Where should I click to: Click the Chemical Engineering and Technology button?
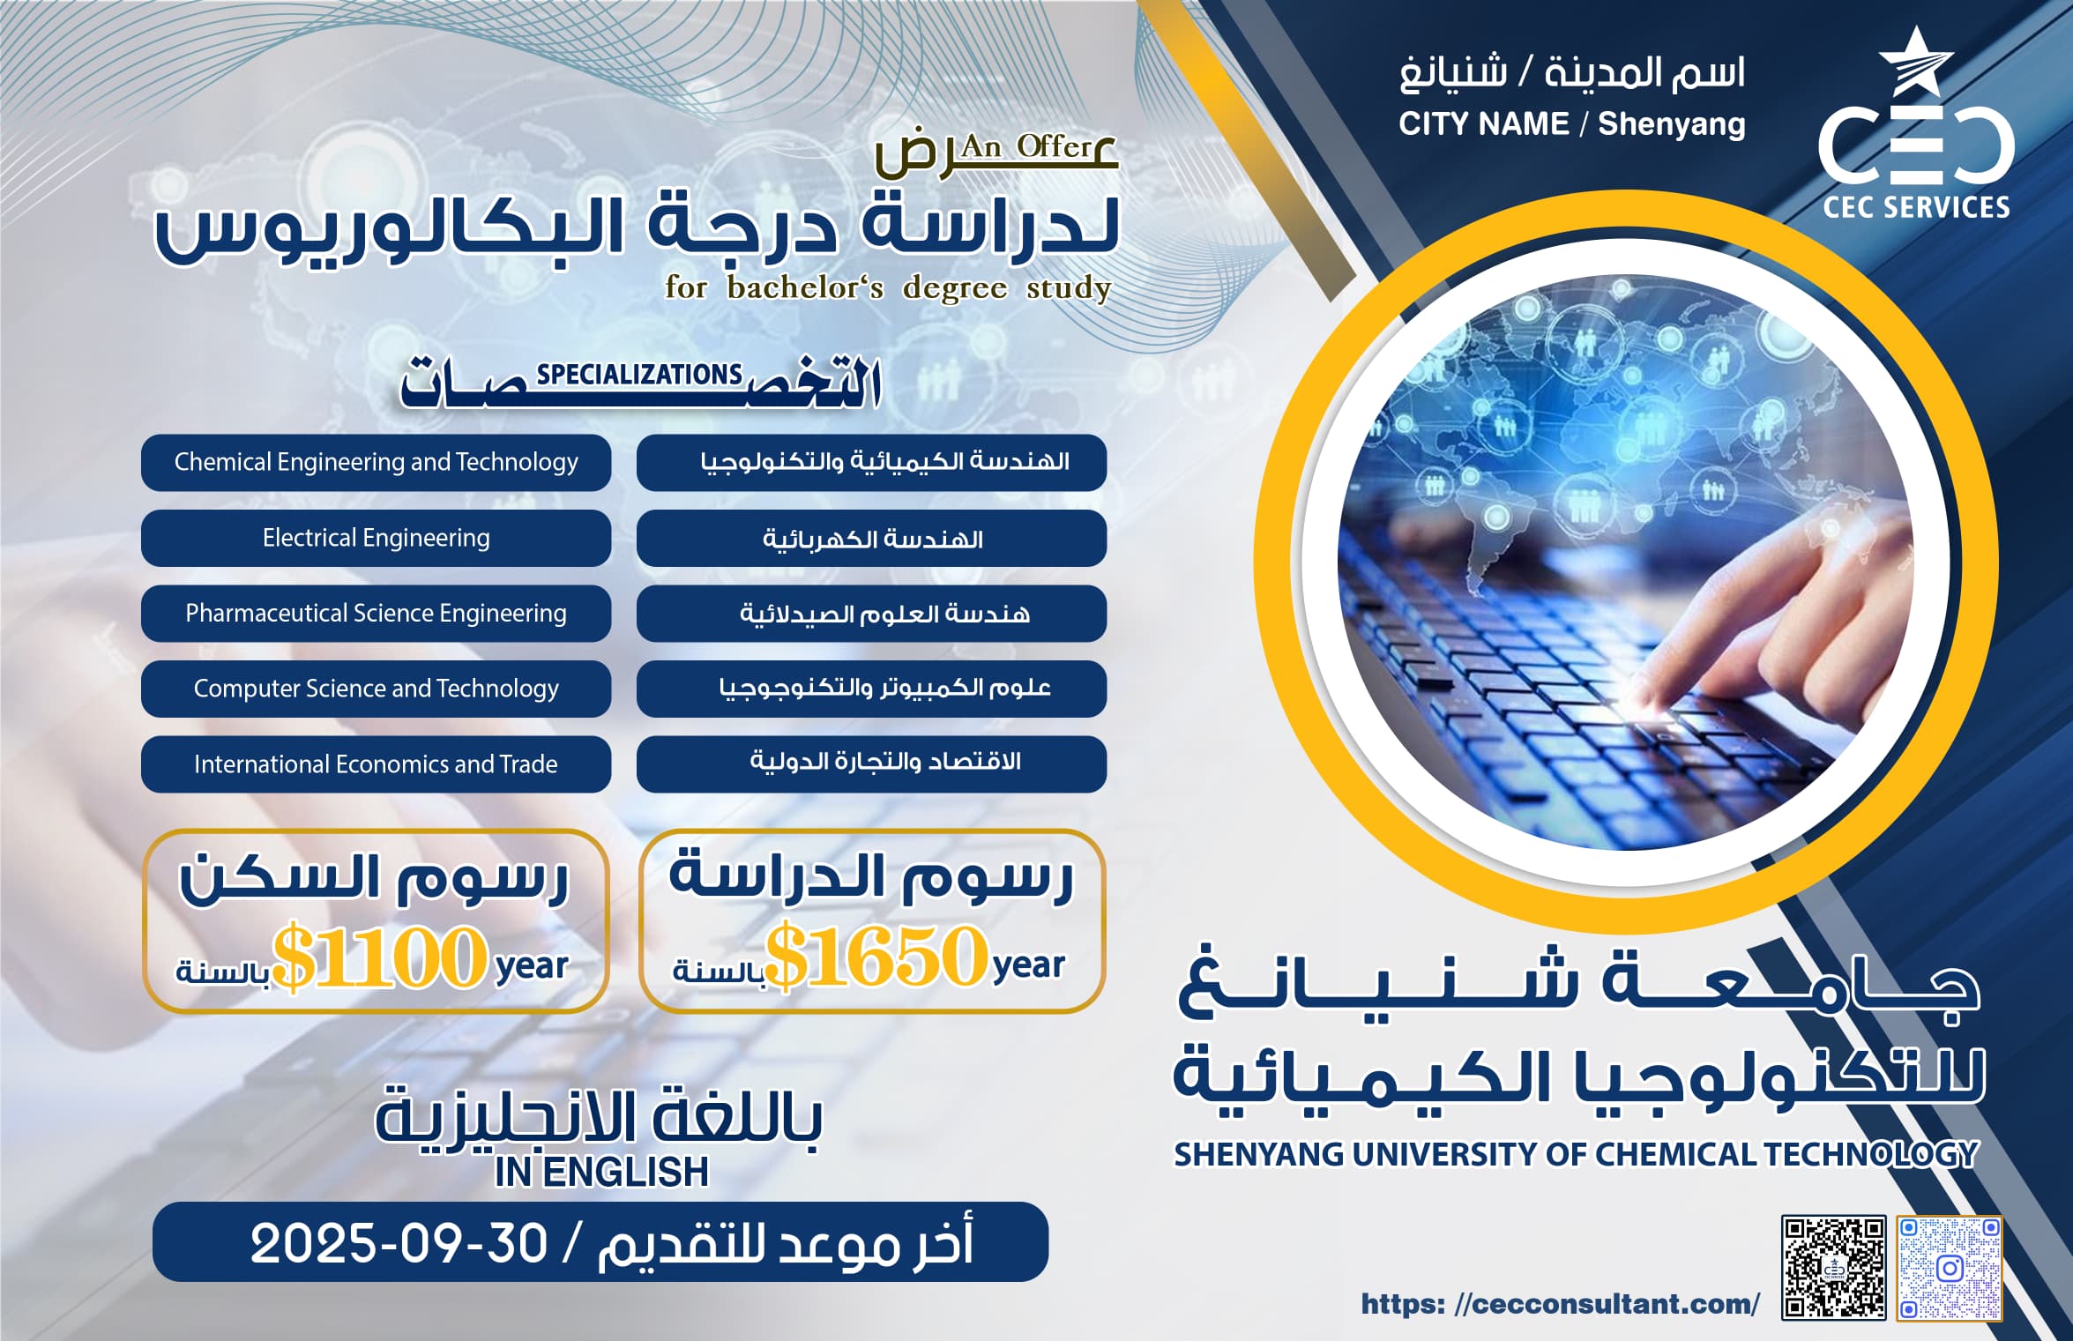point(376,462)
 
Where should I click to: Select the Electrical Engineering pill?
point(376,538)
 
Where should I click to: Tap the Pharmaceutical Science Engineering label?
point(376,613)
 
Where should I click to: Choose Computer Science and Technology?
point(376,689)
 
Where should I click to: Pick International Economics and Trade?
point(376,764)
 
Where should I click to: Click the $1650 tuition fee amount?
point(876,956)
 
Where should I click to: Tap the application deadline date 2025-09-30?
point(399,1243)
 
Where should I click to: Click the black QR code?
point(1833,1268)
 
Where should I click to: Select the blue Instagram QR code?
point(1950,1268)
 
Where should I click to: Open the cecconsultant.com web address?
point(1560,1303)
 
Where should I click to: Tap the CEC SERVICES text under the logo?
point(1916,207)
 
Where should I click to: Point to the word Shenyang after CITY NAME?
point(1671,123)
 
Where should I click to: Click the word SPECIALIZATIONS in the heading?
point(639,375)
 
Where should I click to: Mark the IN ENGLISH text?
point(601,1172)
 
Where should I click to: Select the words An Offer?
point(1027,145)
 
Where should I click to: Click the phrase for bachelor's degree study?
point(887,288)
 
